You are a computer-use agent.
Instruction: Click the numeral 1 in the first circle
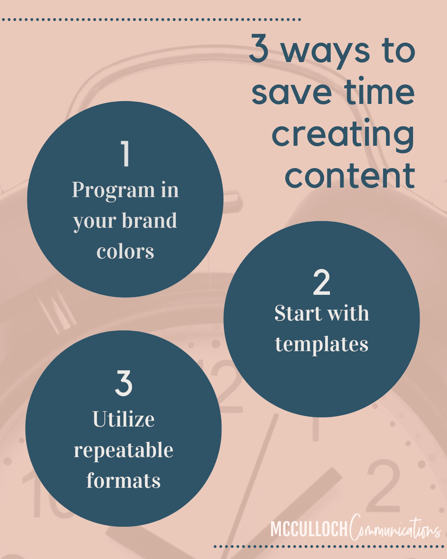pyautogui.click(x=126, y=154)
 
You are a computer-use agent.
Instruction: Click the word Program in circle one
pyautogui.click(x=113, y=191)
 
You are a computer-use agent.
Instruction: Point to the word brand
pyautogui.click(x=149, y=220)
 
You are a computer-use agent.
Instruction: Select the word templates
pyautogui.click(x=322, y=345)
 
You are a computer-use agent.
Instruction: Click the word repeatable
pyautogui.click(x=123, y=451)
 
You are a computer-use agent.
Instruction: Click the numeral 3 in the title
pyautogui.click(x=258, y=48)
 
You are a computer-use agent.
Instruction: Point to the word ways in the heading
pyautogui.click(x=326, y=52)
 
